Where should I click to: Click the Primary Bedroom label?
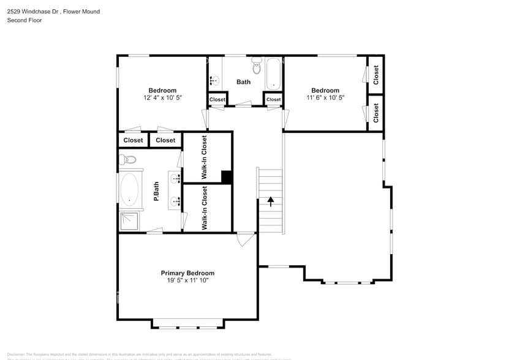(187, 273)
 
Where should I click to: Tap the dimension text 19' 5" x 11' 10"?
(187, 280)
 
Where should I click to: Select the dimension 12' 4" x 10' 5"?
(162, 97)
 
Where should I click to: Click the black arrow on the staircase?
(270, 201)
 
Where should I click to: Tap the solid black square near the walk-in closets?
(227, 177)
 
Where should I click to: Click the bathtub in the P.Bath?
(129, 189)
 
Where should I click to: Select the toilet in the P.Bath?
(129, 160)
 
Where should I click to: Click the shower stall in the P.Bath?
(129, 221)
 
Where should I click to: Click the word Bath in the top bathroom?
(244, 82)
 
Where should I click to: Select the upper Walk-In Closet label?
(205, 157)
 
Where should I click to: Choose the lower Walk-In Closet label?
(205, 208)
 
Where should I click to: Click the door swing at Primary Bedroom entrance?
(245, 239)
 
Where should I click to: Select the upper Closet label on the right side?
(375, 75)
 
